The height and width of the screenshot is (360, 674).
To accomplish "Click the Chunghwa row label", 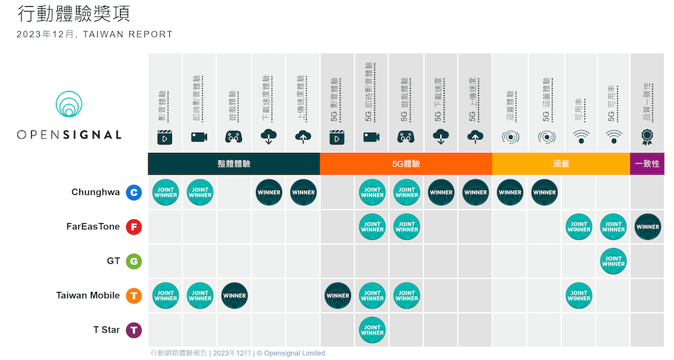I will tap(95, 192).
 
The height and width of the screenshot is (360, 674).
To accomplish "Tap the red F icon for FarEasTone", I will tap(134, 227).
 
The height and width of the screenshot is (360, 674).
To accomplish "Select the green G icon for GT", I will tap(134, 261).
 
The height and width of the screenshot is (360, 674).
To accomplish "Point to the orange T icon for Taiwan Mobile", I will tap(134, 295).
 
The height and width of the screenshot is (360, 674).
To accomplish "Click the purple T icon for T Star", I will tap(134, 330).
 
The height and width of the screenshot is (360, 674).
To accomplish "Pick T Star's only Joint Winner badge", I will tap(372, 330).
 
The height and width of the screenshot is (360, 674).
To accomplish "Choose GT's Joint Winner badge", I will tap(613, 261).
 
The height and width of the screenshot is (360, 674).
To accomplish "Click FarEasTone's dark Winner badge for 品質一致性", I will tap(647, 227).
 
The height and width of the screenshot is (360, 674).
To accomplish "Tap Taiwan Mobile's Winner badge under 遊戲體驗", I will tap(235, 295).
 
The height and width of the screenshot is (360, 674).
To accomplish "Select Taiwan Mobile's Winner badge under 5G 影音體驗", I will tap(338, 295).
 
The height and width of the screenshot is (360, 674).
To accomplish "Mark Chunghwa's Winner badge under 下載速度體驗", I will tap(269, 192).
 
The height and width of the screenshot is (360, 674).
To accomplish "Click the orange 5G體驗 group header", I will tap(406, 164).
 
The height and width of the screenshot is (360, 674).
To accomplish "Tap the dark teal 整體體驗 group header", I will tap(234, 164).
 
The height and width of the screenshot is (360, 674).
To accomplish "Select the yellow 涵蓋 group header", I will tap(561, 164).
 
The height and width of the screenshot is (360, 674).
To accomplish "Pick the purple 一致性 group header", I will tap(647, 164).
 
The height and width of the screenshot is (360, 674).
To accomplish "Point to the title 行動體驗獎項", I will tap(73, 13).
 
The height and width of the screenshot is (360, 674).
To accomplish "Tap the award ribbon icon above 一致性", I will tap(647, 137).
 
